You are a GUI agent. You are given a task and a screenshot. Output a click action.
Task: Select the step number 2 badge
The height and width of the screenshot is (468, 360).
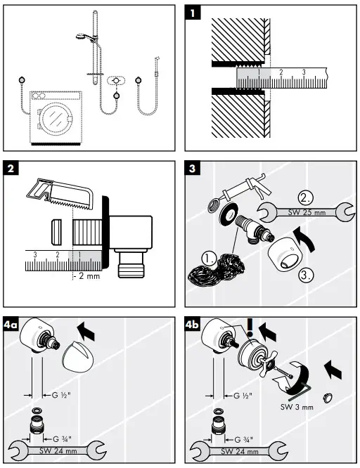pos(13,169)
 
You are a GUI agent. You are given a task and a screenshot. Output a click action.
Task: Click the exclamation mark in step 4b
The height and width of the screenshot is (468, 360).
pos(250,327)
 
